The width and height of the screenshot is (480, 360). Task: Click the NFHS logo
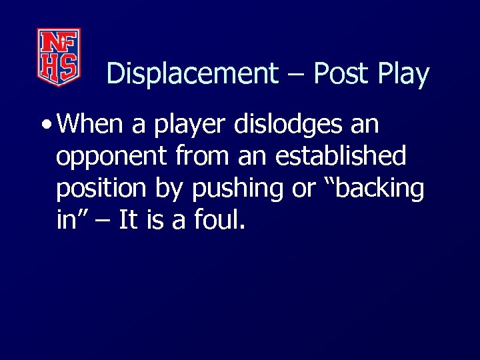(59, 57)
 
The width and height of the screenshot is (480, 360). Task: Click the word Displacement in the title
(191, 74)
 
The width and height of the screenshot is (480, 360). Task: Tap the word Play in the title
(403, 74)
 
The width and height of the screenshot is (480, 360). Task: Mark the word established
(340, 157)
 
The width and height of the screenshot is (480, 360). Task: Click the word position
(101, 190)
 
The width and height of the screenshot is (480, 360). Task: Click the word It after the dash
(128, 221)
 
